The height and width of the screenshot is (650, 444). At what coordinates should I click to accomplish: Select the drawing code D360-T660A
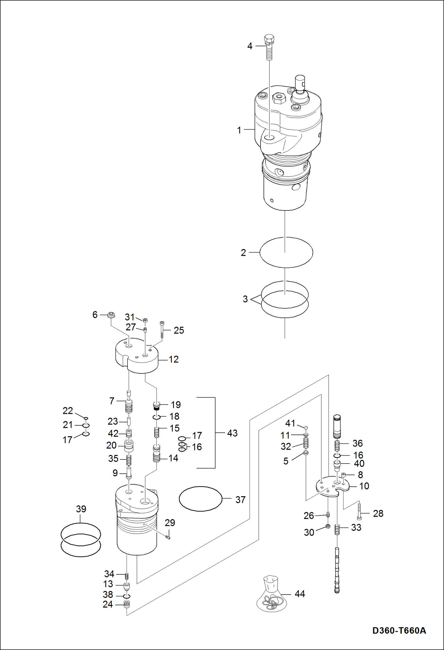[399, 630]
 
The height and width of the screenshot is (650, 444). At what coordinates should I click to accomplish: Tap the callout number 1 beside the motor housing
[239, 130]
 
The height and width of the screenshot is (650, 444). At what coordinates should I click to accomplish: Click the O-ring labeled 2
[286, 252]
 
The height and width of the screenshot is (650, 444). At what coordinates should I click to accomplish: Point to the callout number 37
[240, 500]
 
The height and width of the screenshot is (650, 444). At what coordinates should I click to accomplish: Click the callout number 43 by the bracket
[232, 433]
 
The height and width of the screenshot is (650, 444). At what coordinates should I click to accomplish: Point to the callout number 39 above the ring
[81, 509]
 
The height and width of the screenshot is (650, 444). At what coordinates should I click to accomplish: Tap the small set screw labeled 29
[168, 538]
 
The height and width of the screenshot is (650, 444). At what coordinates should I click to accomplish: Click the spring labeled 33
[337, 529]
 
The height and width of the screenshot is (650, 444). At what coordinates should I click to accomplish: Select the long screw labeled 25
[162, 329]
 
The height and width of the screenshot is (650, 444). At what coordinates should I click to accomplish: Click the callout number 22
[68, 411]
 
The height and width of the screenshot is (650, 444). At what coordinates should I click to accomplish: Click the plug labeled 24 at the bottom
[127, 604]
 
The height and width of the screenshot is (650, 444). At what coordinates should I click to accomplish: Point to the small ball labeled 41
[306, 427]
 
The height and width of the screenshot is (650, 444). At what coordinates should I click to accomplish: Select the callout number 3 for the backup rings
[245, 299]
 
